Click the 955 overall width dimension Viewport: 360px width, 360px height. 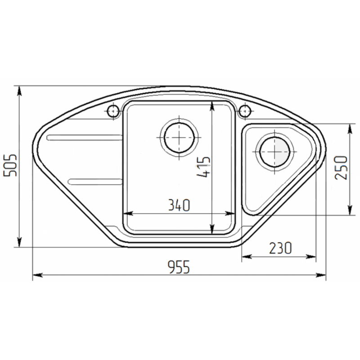pyautogui.click(x=179, y=267)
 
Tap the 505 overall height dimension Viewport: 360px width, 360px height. pyautogui.click(x=10, y=165)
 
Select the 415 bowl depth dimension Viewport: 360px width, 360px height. pyautogui.click(x=203, y=167)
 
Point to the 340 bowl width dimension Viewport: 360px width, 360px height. pyautogui.click(x=179, y=205)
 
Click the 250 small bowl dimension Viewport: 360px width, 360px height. pyautogui.click(x=341, y=167)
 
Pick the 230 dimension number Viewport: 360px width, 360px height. pyautogui.click(x=280, y=248)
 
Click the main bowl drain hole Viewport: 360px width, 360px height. pyautogui.click(x=180, y=138)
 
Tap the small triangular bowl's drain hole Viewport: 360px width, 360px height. pyautogui.click(x=275, y=152)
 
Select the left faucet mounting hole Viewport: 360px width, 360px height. pyautogui.click(x=113, y=111)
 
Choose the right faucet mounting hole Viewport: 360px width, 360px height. pyautogui.click(x=245, y=111)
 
